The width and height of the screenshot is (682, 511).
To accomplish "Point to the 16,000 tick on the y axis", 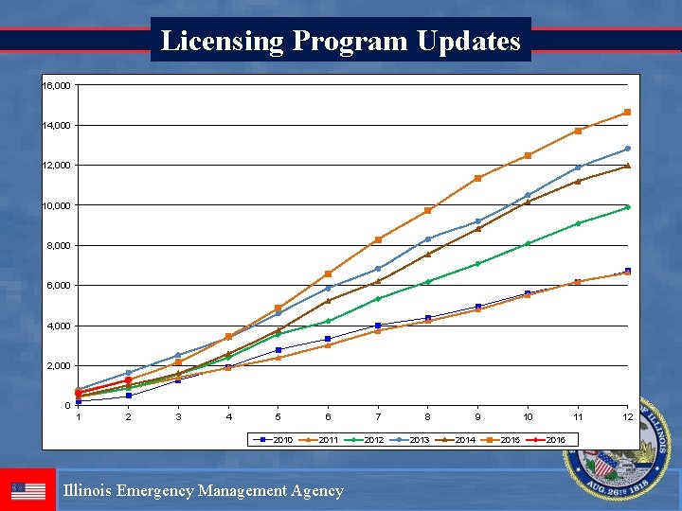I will (56, 86).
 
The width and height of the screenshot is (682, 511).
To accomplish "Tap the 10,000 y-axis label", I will (56, 205).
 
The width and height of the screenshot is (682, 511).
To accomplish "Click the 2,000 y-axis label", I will (58, 365).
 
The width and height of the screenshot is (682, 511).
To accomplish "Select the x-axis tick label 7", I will (378, 417).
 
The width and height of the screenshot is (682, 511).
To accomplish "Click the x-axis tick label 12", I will (627, 417).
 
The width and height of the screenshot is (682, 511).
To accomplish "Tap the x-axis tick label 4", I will (228, 417).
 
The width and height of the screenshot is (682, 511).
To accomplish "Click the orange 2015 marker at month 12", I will (627, 113).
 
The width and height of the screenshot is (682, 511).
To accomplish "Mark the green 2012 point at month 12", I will (627, 207).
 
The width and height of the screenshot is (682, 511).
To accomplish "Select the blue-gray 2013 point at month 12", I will (627, 149).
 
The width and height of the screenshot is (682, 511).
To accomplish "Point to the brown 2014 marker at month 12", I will (627, 166).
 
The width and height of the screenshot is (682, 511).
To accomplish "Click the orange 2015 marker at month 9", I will (477, 178).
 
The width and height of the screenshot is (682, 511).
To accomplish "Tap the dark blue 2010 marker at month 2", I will (129, 396).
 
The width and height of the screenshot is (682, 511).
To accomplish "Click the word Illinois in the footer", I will (91, 490).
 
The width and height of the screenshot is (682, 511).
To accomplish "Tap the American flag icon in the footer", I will (28, 491).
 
